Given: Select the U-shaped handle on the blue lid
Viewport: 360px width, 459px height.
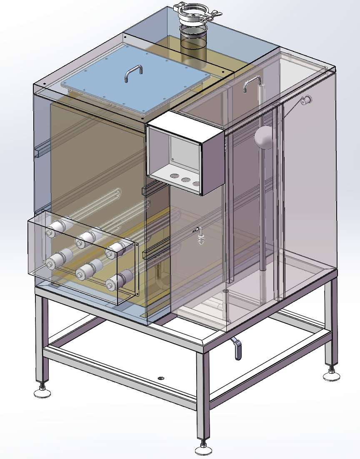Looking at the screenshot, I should (133, 73).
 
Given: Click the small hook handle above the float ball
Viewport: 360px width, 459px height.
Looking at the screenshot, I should (252, 83).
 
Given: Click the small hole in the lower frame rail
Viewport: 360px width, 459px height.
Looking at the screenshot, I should (161, 378).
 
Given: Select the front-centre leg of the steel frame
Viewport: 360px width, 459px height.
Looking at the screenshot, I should (202, 396).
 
